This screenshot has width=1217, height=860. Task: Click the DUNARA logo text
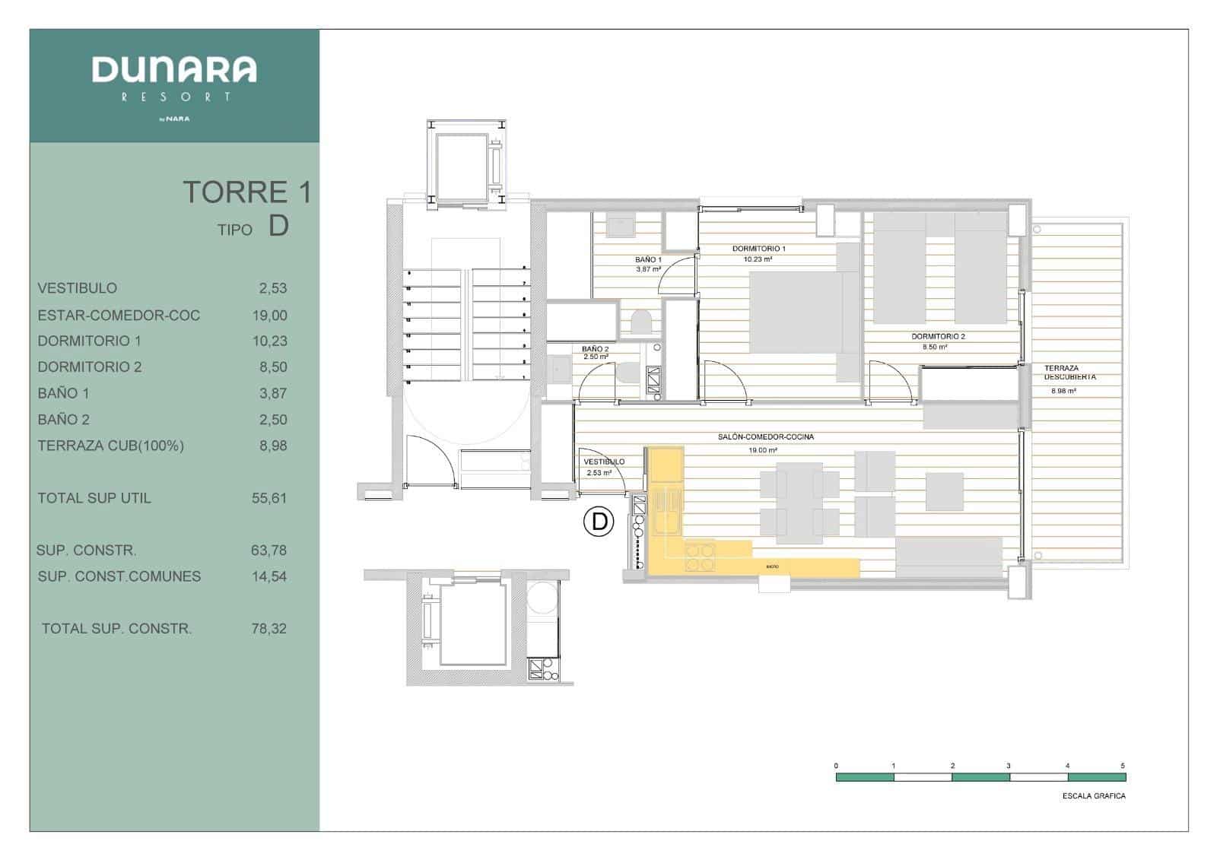(174, 70)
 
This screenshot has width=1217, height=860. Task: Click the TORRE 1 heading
(246, 192)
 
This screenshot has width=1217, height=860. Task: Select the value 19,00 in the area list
(269, 316)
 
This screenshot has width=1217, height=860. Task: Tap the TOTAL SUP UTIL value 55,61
(269, 498)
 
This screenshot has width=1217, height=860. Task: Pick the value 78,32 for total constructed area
(269, 629)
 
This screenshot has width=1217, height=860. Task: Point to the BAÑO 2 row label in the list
(64, 420)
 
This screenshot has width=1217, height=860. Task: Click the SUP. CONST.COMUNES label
(119, 576)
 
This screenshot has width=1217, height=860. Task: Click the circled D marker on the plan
(599, 522)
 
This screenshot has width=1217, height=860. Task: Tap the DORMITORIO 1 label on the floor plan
(758, 249)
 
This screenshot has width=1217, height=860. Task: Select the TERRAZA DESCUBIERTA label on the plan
(1069, 373)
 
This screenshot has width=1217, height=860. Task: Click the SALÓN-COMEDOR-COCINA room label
(765, 437)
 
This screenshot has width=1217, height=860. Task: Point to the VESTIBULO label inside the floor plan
(604, 462)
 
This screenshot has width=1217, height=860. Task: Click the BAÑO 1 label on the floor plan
(649, 260)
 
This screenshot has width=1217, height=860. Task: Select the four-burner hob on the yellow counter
(701, 556)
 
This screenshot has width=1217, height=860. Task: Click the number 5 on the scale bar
(1123, 766)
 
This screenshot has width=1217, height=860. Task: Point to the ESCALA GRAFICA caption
(1094, 796)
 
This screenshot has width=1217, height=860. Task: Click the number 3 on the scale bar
(1009, 766)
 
